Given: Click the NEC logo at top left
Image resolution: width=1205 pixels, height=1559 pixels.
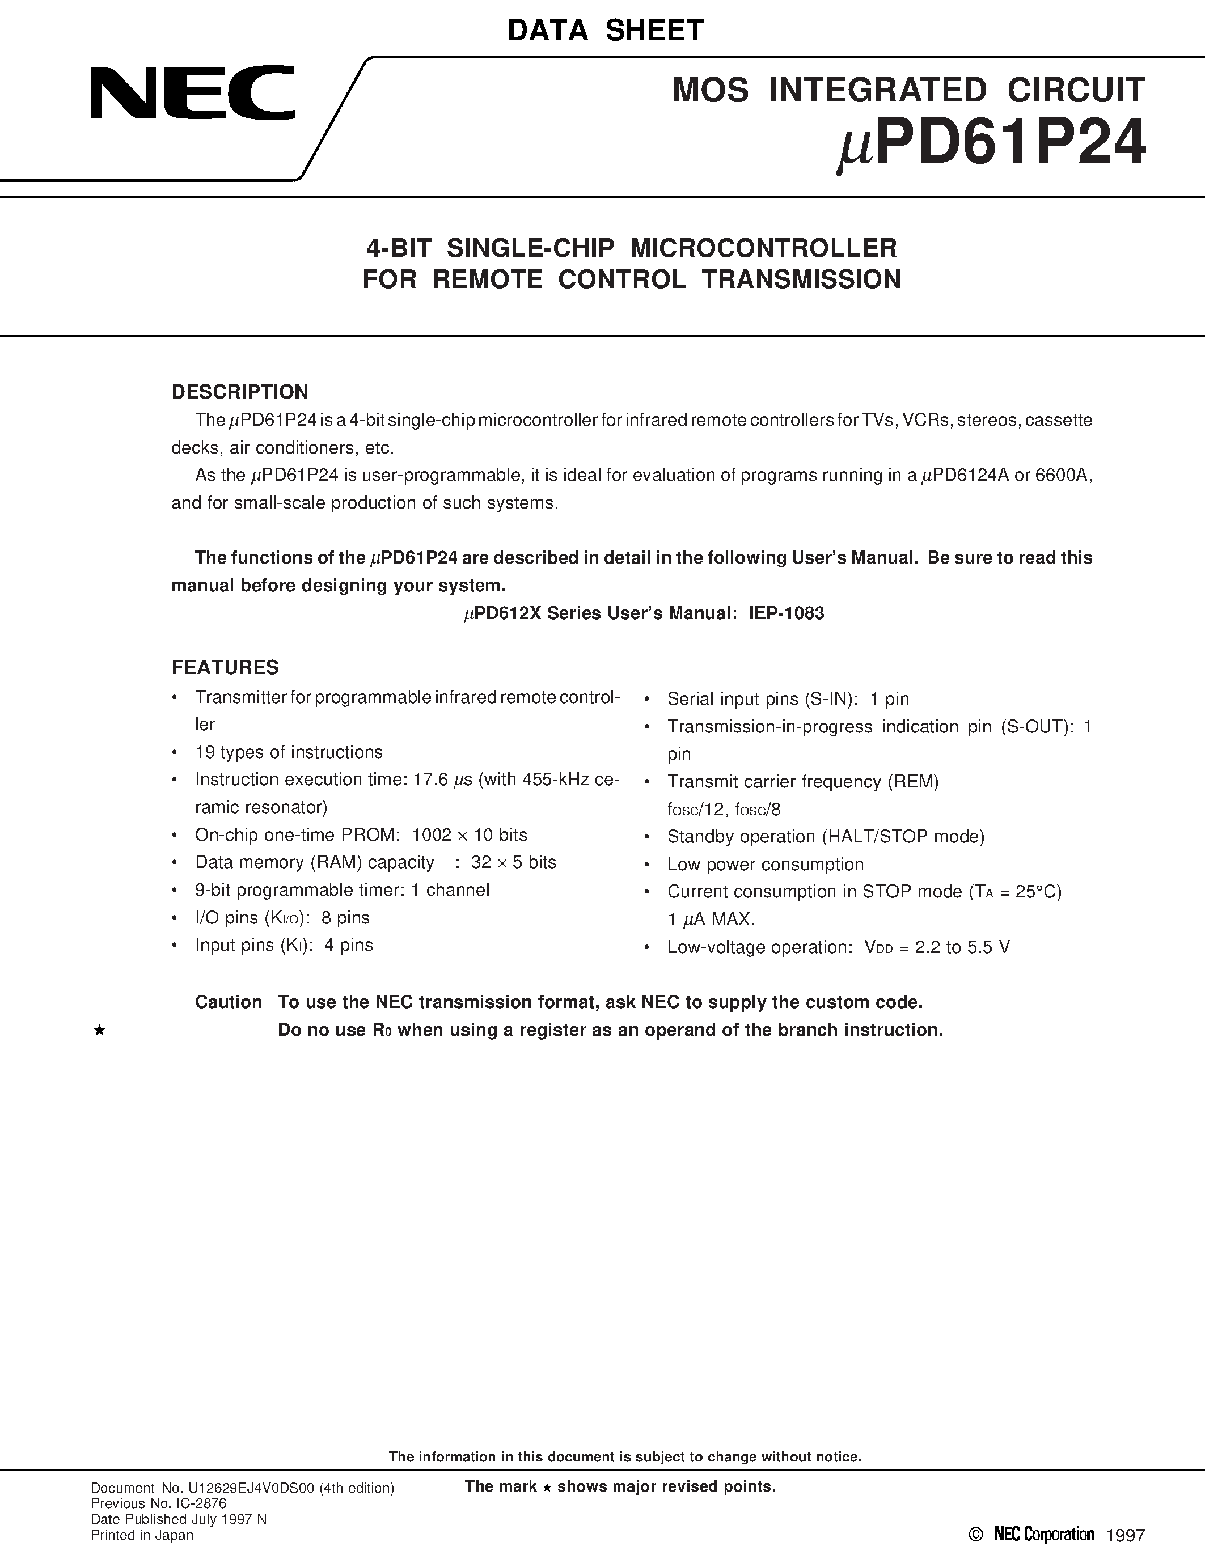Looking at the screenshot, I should [x=193, y=93].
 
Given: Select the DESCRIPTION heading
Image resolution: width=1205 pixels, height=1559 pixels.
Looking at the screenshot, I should [x=240, y=392].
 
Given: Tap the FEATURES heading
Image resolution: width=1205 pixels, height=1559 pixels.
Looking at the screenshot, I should [x=225, y=667].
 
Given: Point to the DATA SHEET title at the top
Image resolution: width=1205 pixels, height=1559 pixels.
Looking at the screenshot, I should [x=606, y=30].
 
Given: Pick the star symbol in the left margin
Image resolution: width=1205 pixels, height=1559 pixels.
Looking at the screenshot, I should [x=100, y=1030].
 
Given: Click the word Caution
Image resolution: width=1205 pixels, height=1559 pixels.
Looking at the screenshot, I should [x=229, y=1002].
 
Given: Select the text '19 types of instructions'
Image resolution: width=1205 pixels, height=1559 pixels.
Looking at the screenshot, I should [x=289, y=752].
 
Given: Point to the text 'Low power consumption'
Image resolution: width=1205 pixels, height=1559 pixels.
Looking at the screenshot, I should [x=766, y=865].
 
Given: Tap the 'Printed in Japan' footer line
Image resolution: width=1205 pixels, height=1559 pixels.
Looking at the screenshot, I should [x=142, y=1535].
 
